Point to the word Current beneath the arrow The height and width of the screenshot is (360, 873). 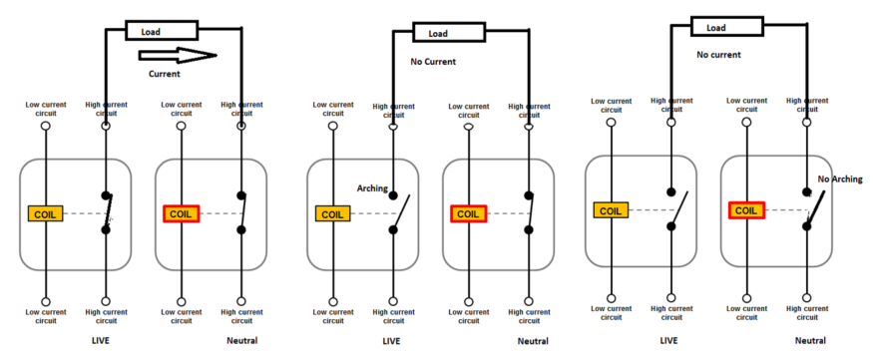tap(165, 75)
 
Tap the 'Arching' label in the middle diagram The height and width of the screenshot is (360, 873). tap(373, 187)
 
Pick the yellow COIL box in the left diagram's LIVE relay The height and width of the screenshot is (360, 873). tap(46, 212)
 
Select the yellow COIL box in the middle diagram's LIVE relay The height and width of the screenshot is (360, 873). tap(332, 212)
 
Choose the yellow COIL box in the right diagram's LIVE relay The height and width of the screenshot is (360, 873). tap(611, 209)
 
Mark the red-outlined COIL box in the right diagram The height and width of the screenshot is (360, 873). tap(746, 209)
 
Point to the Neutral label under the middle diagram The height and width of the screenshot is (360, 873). tap(533, 342)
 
